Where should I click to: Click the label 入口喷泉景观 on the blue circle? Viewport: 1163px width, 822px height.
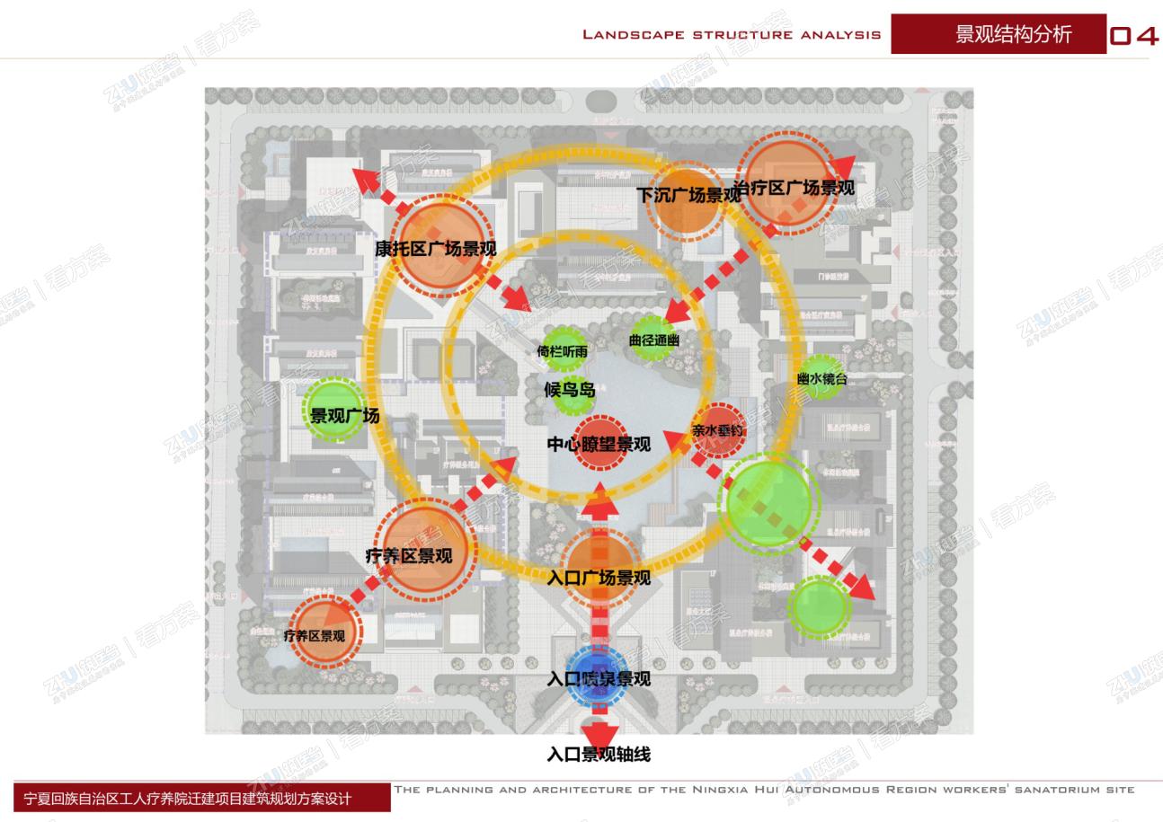[599, 679]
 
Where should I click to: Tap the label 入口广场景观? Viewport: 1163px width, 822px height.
[599, 578]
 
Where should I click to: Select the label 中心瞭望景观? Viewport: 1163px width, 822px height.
[599, 444]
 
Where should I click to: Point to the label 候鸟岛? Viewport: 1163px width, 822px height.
[570, 390]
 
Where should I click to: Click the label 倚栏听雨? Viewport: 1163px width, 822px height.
[563, 351]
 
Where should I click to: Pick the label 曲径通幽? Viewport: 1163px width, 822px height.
[654, 340]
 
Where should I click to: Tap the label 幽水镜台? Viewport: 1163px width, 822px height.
[821, 379]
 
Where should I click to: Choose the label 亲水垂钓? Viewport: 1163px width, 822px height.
[718, 430]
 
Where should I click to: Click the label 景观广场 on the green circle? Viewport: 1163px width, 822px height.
[345, 416]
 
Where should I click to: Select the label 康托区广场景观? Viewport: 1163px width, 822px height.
[436, 249]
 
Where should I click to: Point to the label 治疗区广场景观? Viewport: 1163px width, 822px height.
[795, 188]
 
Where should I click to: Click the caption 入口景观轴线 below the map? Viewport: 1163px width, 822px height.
[599, 755]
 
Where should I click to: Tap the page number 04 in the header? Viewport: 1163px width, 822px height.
[1134, 36]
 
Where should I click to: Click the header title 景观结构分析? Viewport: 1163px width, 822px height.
[1013, 34]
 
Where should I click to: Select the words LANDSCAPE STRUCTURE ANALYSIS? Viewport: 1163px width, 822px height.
[732, 35]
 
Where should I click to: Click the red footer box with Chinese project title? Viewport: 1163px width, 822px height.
[202, 798]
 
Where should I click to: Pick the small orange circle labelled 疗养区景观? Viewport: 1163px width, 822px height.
[315, 635]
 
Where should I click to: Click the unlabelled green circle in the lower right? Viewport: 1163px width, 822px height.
[820, 606]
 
